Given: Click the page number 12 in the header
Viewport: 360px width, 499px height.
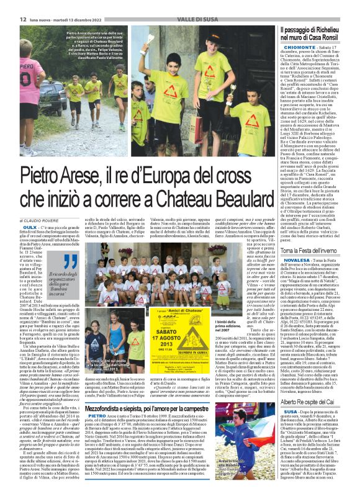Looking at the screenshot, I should pos(13,20).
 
